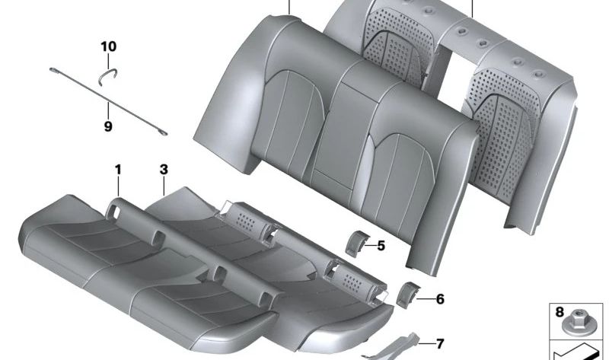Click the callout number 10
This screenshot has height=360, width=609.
(108, 46)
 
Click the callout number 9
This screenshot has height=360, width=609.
(108, 126)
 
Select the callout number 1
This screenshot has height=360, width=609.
(118, 170)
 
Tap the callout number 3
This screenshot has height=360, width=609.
(164, 170)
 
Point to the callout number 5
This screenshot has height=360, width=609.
(381, 246)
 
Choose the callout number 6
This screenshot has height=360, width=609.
(440, 299)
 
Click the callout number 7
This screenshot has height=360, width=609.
(440, 344)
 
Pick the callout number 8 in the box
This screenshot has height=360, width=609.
(560, 312)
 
